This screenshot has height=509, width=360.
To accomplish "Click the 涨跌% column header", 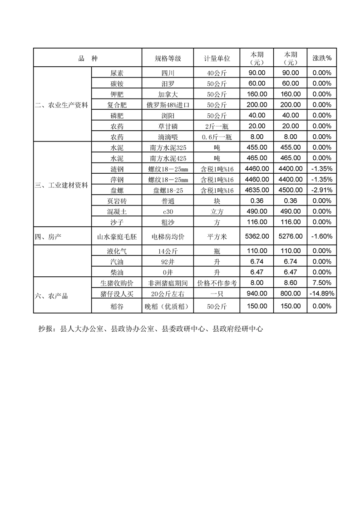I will click(322, 59).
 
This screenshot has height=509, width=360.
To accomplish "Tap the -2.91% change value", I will click(322, 190).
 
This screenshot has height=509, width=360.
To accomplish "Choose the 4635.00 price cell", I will click(257, 190).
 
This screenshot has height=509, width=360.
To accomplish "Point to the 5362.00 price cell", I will click(257, 236).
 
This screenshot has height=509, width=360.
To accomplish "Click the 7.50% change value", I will click(322, 283).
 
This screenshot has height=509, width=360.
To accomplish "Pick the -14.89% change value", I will click(322, 294).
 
